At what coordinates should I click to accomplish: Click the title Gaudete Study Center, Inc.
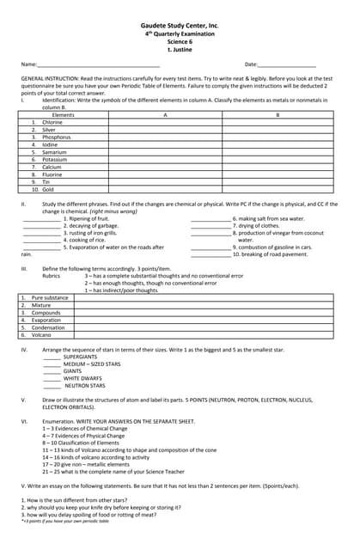tap(180, 27)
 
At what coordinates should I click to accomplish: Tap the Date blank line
tap(287, 65)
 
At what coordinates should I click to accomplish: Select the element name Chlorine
tap(52, 122)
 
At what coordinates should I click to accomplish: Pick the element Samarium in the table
tap(55, 152)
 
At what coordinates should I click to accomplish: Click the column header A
tap(164, 114)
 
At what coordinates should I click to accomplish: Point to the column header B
tap(278, 114)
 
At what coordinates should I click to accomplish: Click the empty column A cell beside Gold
tap(164, 189)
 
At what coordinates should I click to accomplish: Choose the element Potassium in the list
tap(54, 159)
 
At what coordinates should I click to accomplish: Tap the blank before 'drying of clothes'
tap(211, 226)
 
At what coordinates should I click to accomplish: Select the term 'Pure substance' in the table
tap(50, 297)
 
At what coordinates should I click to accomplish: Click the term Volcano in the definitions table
tap(41, 334)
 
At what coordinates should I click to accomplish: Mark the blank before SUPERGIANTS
tap(52, 357)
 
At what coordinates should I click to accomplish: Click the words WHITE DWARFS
tap(82, 378)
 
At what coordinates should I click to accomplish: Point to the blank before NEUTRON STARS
tap(52, 386)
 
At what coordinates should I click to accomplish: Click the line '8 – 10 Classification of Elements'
tap(93, 443)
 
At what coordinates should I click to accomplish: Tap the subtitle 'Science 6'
tap(180, 42)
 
